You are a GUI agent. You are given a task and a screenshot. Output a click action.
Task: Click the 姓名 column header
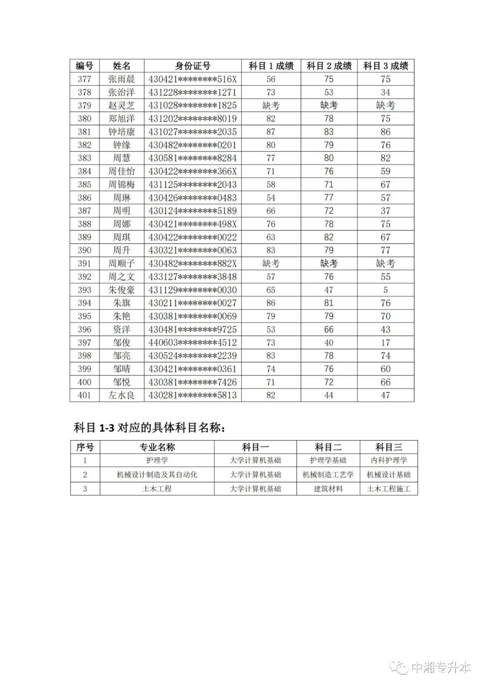(x=121, y=66)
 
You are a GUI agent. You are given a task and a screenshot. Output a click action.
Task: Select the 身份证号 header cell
(x=193, y=66)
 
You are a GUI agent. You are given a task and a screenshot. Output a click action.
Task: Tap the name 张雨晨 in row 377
(x=121, y=79)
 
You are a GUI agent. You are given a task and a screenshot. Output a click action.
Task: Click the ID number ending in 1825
(x=193, y=106)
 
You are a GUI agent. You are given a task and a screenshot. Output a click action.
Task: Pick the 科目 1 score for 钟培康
(x=271, y=132)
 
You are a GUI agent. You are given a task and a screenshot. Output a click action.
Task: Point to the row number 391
(x=84, y=264)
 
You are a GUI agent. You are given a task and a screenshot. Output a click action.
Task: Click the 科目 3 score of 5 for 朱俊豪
(x=385, y=290)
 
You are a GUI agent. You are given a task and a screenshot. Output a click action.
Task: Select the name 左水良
(x=121, y=395)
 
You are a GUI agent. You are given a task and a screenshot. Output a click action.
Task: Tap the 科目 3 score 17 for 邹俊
(x=385, y=342)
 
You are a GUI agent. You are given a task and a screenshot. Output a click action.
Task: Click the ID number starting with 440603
(x=193, y=342)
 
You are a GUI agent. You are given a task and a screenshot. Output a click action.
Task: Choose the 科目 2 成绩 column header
(x=329, y=66)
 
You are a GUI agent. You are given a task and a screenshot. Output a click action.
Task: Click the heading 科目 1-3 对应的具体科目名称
(x=149, y=427)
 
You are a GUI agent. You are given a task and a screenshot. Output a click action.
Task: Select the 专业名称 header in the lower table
(x=157, y=447)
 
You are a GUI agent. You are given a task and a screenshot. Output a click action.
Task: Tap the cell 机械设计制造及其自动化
(x=157, y=475)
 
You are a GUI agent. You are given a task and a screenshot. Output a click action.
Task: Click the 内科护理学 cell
(x=389, y=461)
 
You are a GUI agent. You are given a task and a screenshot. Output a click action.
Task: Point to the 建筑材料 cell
(x=328, y=489)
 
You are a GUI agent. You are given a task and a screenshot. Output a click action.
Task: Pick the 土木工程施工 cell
(x=389, y=489)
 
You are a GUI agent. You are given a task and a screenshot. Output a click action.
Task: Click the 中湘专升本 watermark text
(x=441, y=668)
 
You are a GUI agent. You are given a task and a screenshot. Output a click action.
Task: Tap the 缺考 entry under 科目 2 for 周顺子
(x=329, y=264)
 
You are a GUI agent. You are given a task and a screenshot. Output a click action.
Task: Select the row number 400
(x=84, y=382)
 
